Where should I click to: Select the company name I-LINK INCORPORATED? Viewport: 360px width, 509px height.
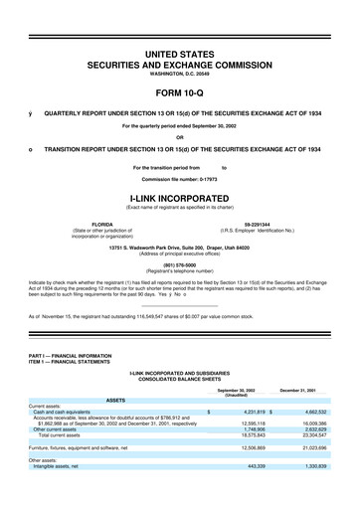(x=180, y=197)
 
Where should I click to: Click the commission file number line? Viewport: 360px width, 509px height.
(x=180, y=179)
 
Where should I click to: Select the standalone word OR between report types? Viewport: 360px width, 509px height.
(x=180, y=137)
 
